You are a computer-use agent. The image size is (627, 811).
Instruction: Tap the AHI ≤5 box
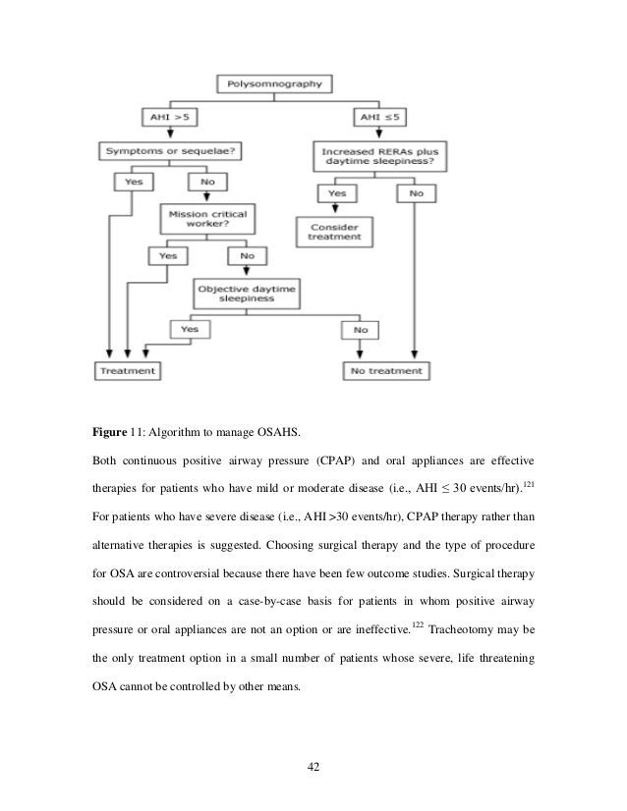374,118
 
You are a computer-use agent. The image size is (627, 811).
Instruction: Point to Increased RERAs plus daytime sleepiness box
375,157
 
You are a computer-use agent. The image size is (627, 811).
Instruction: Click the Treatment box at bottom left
127,371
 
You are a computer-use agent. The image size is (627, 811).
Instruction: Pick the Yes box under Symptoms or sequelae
130,183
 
